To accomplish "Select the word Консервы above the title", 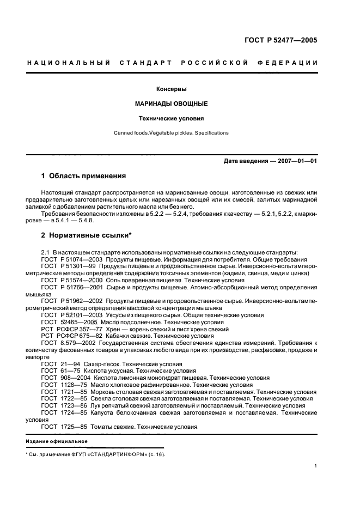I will pyautogui.click(x=172, y=89).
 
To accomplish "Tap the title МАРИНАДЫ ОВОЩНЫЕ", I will pyautogui.click(x=172, y=104).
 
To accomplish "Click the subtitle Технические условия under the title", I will pyautogui.click(x=172, y=118).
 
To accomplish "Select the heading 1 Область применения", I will pyautogui.click(x=84, y=176).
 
